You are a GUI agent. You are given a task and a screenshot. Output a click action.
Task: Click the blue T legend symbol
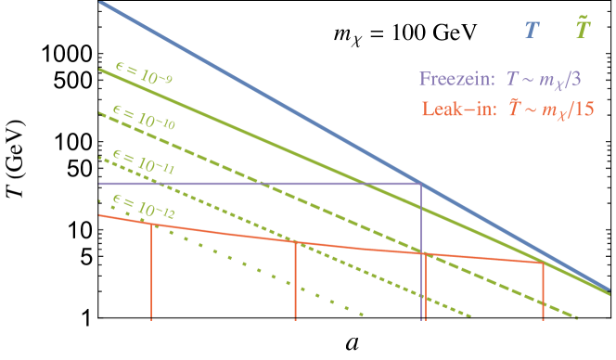[531, 32]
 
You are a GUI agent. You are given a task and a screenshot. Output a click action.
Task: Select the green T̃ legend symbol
[582, 31]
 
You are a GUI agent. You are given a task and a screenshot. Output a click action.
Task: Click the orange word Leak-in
[453, 109]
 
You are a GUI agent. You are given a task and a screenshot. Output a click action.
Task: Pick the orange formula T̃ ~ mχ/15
[543, 109]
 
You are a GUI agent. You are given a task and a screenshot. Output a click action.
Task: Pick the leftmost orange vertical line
[151, 274]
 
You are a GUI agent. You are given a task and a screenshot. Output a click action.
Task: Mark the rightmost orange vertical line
[544, 292]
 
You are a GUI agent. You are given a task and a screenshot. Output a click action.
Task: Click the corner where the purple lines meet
[422, 184]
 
